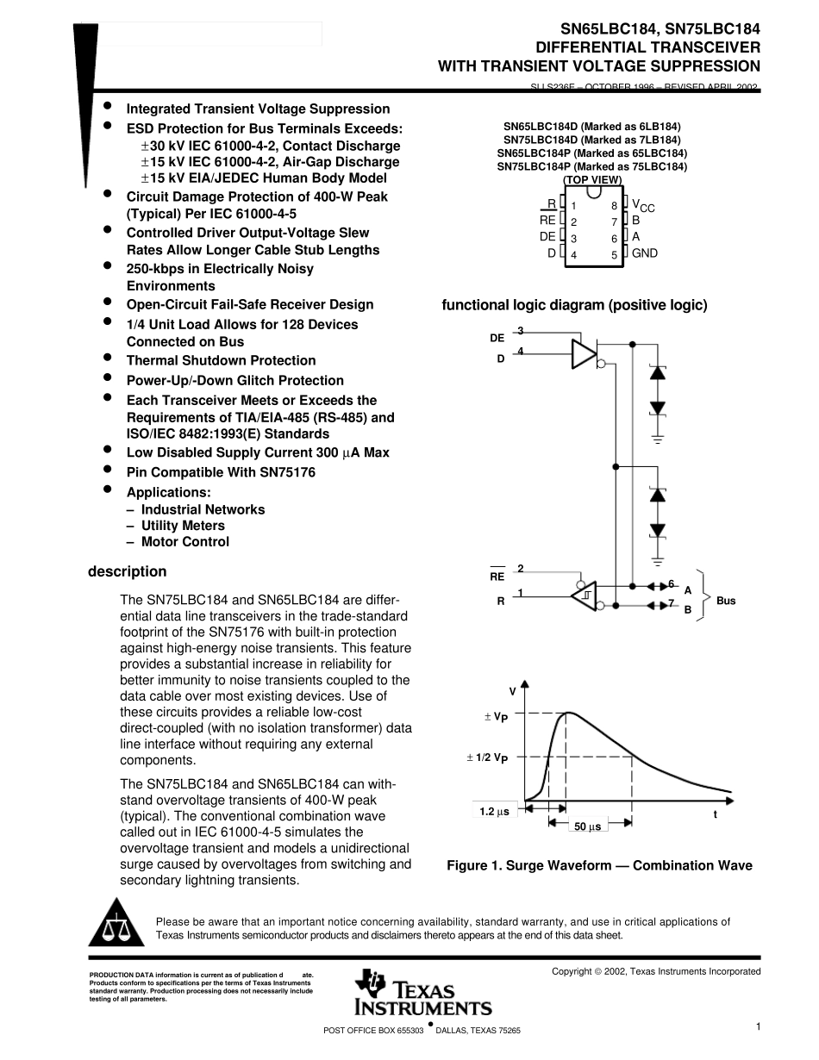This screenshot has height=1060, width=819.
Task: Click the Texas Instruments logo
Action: (x=422, y=992)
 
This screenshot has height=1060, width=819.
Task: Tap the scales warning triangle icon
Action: (x=114, y=926)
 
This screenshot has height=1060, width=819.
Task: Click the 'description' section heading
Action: (x=127, y=571)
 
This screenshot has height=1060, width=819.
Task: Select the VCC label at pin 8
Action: (x=643, y=206)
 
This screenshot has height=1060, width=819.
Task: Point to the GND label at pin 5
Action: (x=644, y=253)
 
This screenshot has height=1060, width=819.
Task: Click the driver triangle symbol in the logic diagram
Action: (x=585, y=353)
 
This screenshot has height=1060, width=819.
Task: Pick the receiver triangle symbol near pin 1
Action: (x=584, y=594)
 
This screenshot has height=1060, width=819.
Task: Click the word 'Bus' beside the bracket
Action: (x=726, y=601)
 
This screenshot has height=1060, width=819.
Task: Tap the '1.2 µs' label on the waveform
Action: (x=495, y=812)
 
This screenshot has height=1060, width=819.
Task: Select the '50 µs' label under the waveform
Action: (x=587, y=827)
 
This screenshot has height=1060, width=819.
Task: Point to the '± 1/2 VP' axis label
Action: (x=487, y=758)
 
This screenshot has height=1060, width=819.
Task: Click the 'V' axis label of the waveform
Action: (x=512, y=691)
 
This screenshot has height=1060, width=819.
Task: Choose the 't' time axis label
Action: (x=715, y=814)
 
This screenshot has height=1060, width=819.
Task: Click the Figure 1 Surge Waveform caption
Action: (x=599, y=865)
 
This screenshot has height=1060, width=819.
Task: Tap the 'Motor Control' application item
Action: (x=185, y=542)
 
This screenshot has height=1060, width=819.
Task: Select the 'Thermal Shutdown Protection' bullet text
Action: (x=221, y=360)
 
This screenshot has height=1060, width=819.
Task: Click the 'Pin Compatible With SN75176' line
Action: (x=221, y=472)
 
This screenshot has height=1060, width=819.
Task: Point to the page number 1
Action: (x=757, y=1026)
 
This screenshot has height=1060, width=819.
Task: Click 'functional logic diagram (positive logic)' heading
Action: (x=574, y=305)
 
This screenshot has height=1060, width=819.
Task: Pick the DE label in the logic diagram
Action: (x=497, y=339)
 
